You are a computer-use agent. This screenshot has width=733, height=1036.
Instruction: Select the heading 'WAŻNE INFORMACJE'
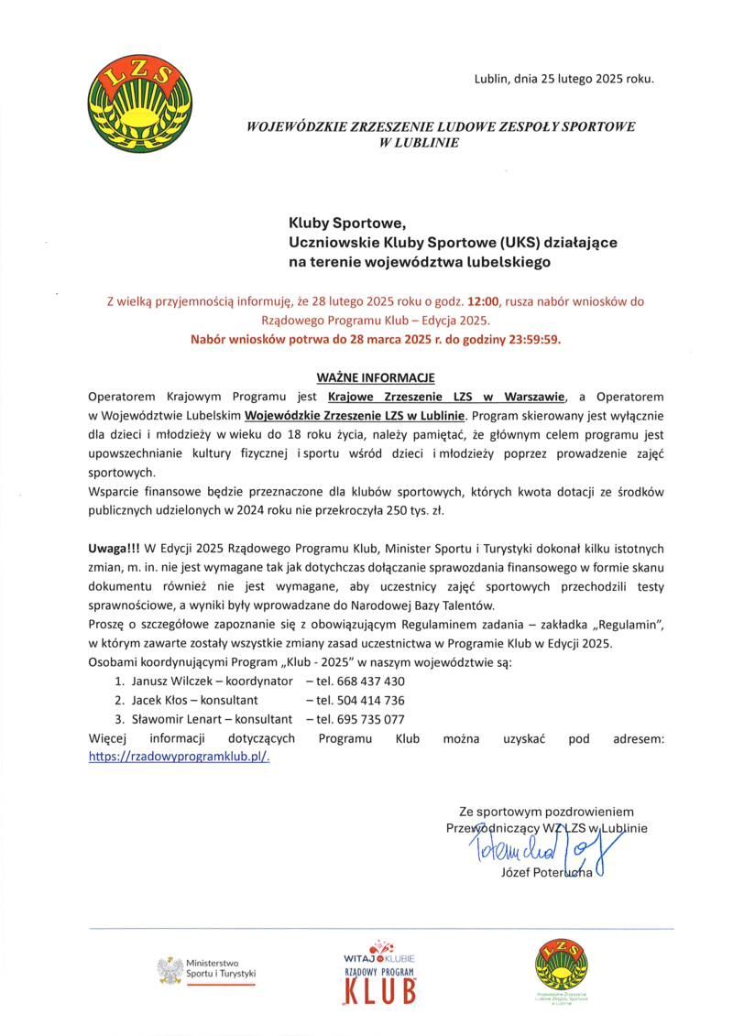375,377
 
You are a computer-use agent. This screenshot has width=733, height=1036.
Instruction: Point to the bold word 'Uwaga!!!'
114,550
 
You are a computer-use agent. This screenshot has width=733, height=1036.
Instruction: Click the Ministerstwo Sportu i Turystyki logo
206,969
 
